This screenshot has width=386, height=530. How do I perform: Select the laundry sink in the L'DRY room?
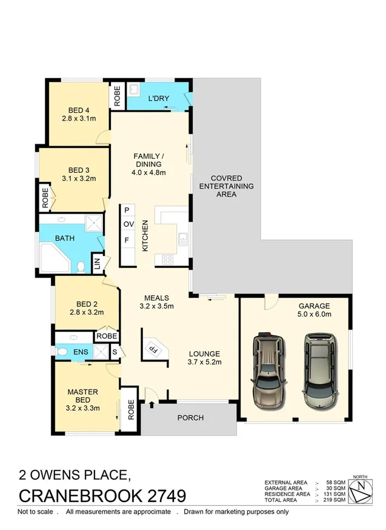pos(135,93)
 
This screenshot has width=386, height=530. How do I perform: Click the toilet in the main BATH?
pos(82,266)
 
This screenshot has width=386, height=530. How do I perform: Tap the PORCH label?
pos(190,418)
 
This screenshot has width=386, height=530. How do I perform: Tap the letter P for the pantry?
pos(127,210)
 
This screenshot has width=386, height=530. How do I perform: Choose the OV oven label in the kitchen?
pos(128,224)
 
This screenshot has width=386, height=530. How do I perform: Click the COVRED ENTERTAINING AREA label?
pos(227,186)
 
